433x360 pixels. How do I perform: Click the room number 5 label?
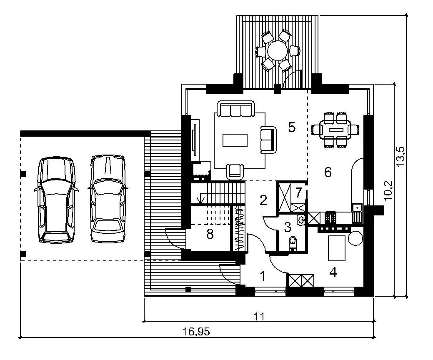(x=292, y=127)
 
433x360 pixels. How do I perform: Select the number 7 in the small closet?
(x=298, y=193)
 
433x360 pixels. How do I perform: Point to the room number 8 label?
(x=210, y=235)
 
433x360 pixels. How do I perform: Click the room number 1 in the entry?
(x=263, y=276)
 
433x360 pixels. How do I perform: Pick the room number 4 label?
(x=333, y=273)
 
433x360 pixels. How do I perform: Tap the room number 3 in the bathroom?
(x=288, y=227)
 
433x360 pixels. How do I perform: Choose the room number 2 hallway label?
(x=263, y=200)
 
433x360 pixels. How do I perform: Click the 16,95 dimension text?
(x=196, y=331)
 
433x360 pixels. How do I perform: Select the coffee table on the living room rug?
(x=235, y=140)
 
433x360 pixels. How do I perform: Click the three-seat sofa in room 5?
(x=235, y=109)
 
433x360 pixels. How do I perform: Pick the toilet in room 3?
(x=293, y=244)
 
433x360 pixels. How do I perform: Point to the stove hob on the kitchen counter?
(x=330, y=217)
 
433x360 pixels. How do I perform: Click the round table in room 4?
(x=355, y=238)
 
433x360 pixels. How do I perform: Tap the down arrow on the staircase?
(x=200, y=199)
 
